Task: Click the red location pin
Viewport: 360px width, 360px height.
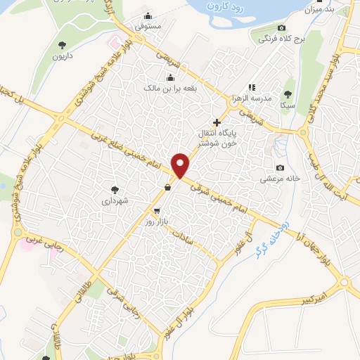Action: pos(181,165)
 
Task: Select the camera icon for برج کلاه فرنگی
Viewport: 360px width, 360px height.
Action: pos(281,28)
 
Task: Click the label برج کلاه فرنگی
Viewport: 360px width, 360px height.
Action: pos(281,39)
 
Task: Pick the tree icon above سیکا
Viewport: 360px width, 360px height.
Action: pos(287,94)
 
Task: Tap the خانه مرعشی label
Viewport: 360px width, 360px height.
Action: pos(281,179)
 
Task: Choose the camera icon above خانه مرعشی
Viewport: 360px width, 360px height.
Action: pos(281,167)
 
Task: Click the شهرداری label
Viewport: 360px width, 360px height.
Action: pos(115,200)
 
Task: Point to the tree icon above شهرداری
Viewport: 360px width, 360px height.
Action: pos(115,189)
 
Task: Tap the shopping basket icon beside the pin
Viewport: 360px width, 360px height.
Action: pos(167,187)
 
